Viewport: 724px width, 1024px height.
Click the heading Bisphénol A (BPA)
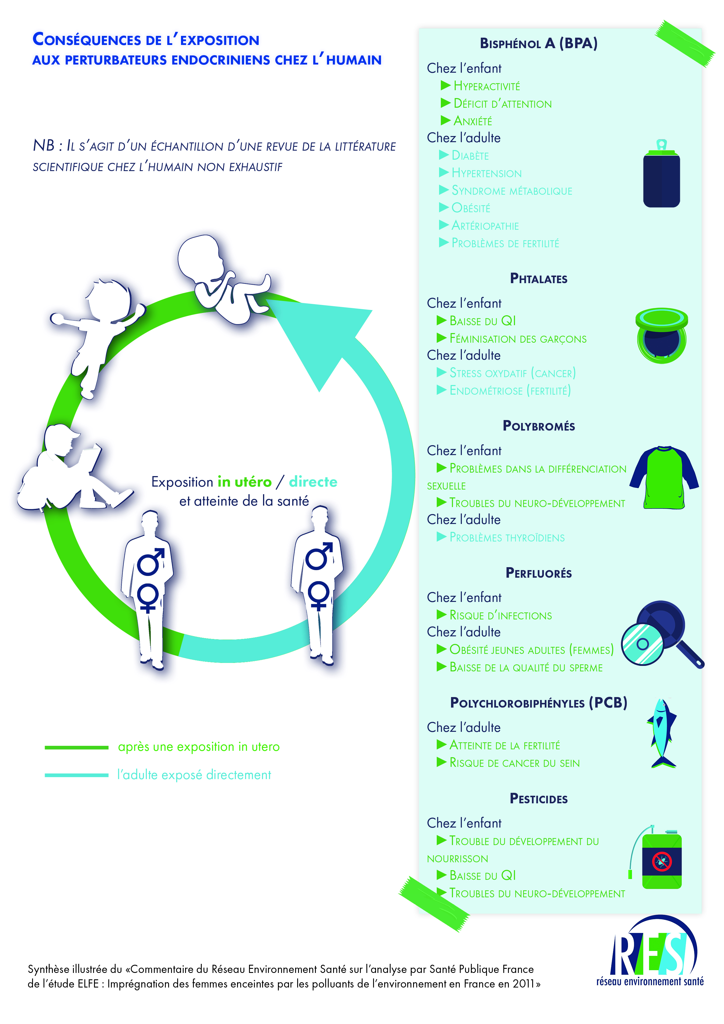[538, 43]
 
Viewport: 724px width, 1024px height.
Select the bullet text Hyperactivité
[487, 86]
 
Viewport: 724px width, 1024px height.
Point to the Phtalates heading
[538, 279]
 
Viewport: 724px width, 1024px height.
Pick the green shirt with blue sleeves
[664, 477]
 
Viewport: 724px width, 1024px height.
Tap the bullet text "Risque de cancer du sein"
[514, 763]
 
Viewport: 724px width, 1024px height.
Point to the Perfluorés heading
[538, 573]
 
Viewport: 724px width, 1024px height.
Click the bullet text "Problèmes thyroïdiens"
[507, 537]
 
